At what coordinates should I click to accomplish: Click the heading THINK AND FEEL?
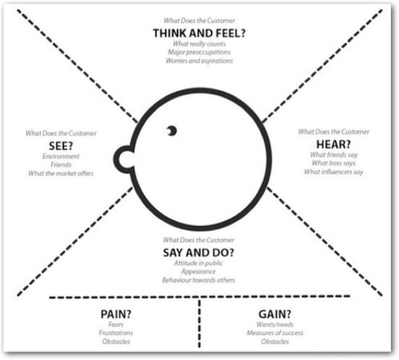[x=199, y=34]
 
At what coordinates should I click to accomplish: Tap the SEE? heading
[x=61, y=146]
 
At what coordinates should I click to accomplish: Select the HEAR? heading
[x=334, y=144]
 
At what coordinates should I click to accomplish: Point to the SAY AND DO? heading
[x=199, y=252]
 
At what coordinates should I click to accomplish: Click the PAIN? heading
[x=116, y=315]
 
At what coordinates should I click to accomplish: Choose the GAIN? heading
[x=275, y=315]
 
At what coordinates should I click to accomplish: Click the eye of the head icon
[x=172, y=131]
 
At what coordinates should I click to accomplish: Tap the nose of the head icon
[x=124, y=160]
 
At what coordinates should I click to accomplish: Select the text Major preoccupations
[x=199, y=52]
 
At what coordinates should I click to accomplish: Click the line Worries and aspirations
[x=199, y=61]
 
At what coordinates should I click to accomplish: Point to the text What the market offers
[x=61, y=173]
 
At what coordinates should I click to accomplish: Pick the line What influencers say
[x=334, y=172]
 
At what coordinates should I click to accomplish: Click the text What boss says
[x=334, y=163]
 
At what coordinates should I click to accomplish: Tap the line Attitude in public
[x=199, y=263]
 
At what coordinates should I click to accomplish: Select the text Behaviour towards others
[x=199, y=280]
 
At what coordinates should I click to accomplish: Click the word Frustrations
[x=116, y=333]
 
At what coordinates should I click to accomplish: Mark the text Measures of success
[x=275, y=333]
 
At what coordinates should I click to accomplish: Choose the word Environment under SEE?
[x=61, y=156]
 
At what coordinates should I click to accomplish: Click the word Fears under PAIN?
[x=116, y=324]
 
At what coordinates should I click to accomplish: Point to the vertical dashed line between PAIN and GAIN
[x=199, y=323]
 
